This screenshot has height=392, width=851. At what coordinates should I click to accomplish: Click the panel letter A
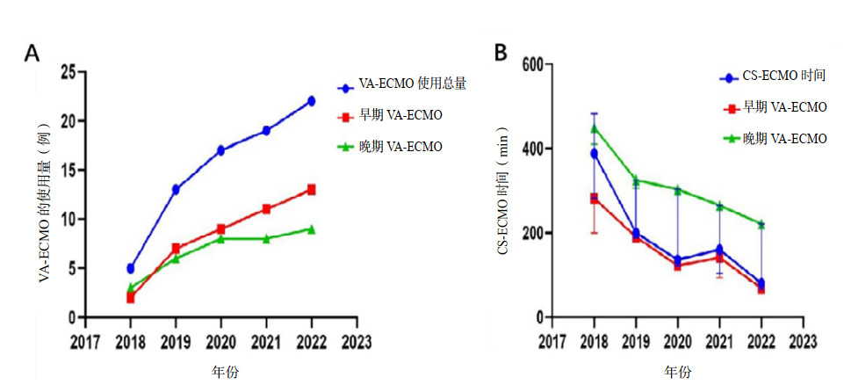(32, 54)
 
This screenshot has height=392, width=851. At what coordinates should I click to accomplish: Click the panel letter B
(501, 53)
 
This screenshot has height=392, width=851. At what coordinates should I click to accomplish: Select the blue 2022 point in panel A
(311, 101)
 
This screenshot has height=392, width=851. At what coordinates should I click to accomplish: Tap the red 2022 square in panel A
(311, 190)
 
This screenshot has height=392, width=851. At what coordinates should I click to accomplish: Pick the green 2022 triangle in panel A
(311, 229)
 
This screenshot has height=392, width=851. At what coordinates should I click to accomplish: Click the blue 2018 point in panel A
(131, 268)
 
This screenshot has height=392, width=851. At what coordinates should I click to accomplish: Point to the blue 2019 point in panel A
(176, 190)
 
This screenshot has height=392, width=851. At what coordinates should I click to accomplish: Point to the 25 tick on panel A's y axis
(68, 72)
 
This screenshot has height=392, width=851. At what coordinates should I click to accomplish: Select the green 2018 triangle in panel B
(595, 128)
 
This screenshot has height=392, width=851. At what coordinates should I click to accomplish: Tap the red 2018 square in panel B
(595, 199)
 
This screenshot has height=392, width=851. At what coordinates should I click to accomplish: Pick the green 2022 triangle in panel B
(761, 224)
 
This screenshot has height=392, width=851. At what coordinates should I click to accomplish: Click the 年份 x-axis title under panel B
(677, 372)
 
